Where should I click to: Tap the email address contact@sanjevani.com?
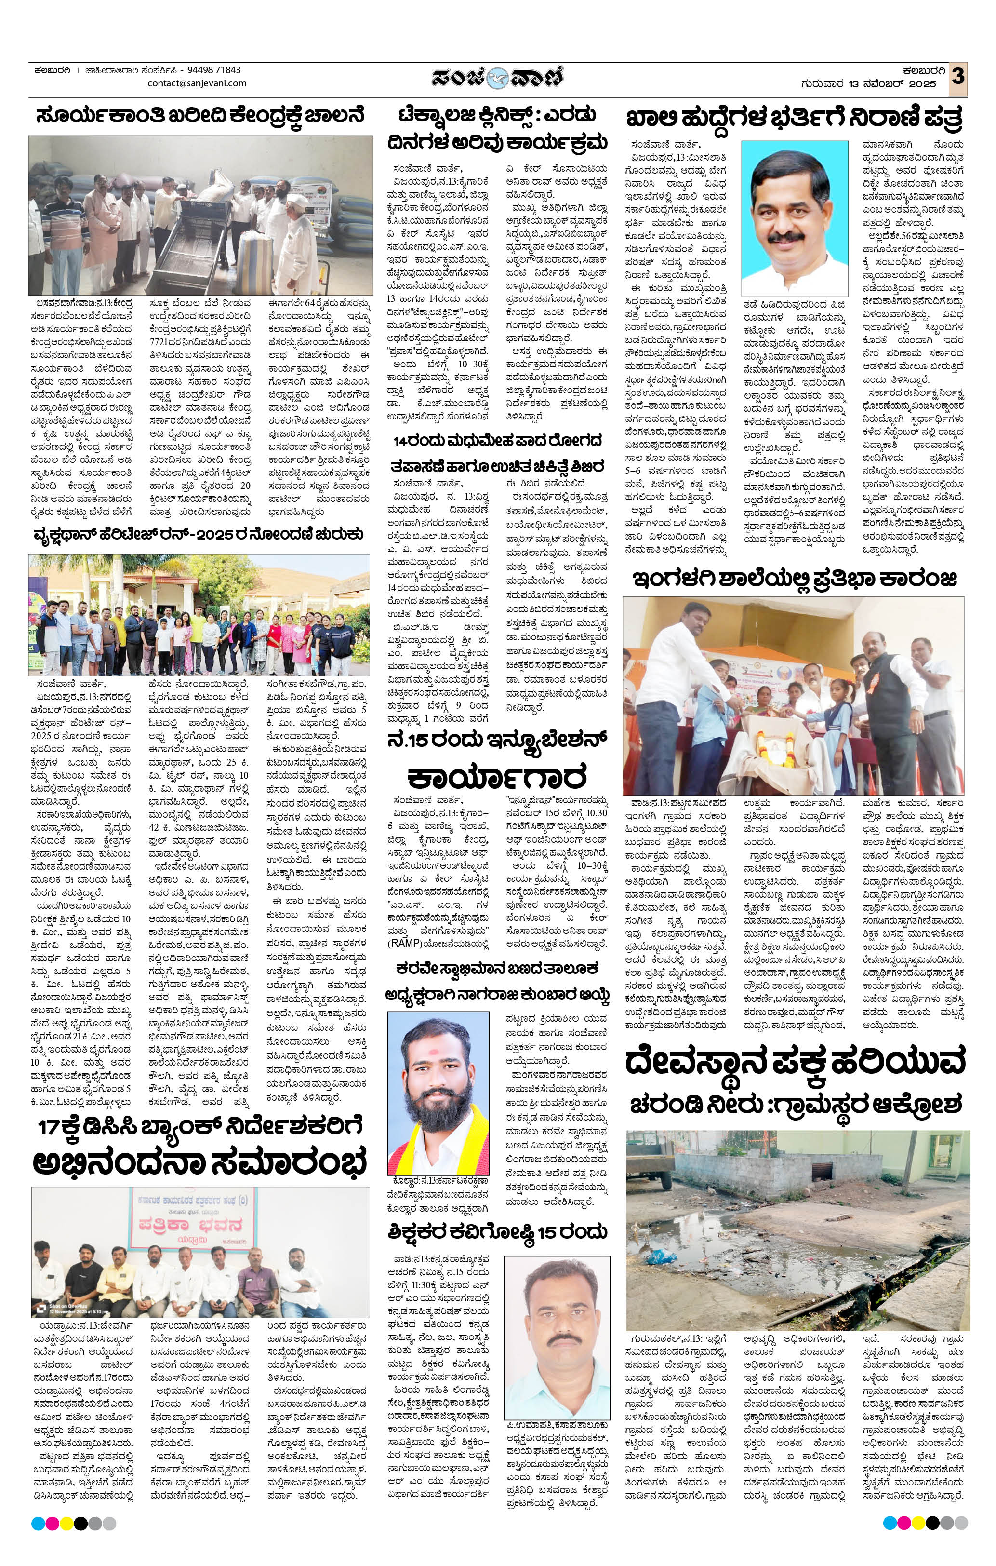[x=197, y=83]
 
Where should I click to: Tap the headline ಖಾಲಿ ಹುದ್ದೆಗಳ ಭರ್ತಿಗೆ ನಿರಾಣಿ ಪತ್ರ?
[x=795, y=119]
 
